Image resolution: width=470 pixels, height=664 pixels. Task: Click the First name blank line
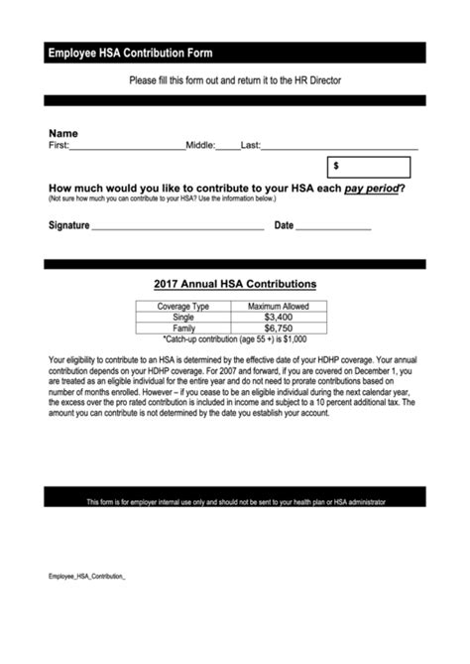(127, 146)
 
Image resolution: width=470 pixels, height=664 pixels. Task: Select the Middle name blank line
(228, 146)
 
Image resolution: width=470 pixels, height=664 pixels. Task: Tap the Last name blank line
(339, 146)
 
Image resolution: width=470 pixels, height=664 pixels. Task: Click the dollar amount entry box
(370, 167)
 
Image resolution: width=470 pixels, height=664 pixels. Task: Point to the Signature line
(177, 227)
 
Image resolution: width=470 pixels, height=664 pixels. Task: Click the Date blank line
(333, 227)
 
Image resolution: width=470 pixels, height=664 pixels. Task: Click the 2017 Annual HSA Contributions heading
(235, 284)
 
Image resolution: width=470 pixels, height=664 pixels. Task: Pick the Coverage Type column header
(183, 307)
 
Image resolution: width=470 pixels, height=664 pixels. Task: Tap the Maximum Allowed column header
(278, 307)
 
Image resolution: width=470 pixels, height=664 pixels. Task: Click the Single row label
(183, 317)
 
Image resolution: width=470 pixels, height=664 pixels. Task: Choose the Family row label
(183, 328)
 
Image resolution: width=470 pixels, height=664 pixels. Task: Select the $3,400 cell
(278, 317)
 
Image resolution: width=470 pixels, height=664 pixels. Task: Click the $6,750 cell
(278, 328)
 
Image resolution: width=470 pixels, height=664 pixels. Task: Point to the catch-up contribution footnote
(234, 338)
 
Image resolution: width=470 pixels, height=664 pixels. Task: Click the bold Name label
(63, 133)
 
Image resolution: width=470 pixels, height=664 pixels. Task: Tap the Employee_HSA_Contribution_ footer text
(87, 576)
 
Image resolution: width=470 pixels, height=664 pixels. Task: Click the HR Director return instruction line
(234, 79)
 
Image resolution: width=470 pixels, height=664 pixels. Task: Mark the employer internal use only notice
(235, 502)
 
